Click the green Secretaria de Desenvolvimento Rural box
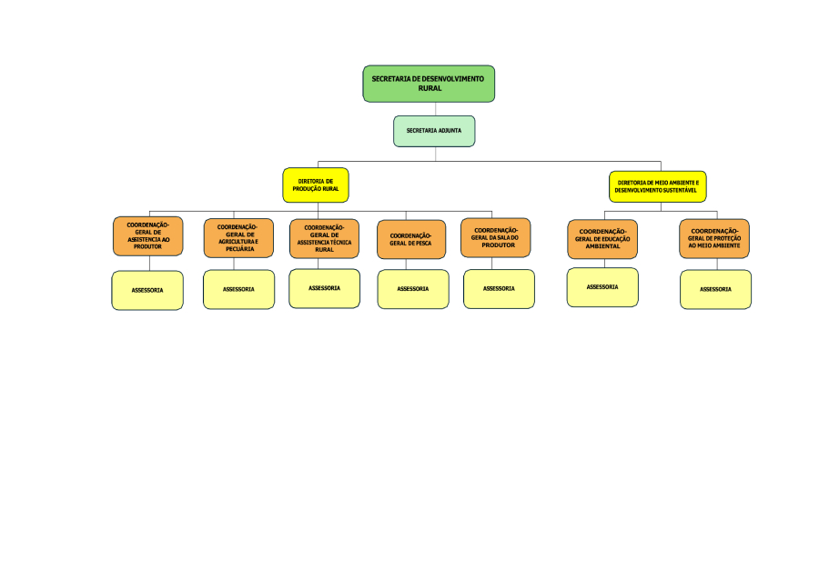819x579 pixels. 429,83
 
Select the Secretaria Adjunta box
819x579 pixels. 434,131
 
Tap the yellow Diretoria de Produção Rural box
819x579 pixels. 316,185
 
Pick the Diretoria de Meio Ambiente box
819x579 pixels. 657,186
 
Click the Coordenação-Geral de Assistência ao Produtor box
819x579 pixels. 147,236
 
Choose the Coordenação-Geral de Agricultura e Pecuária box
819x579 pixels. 238,238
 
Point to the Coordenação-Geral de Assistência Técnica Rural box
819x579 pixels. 324,239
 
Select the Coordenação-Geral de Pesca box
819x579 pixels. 411,240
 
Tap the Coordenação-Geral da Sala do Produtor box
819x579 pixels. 496,237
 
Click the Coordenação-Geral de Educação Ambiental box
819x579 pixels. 602,239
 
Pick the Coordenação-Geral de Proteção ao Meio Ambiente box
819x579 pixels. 714,238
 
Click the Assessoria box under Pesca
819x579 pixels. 413,289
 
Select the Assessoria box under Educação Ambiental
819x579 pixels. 602,287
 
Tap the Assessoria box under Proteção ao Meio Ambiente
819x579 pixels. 715,289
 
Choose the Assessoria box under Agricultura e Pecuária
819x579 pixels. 238,289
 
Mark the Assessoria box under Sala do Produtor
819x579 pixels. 499,288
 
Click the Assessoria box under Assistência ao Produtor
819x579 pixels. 147,290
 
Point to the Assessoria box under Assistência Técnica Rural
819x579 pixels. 324,288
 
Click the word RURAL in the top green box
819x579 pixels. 430,88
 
